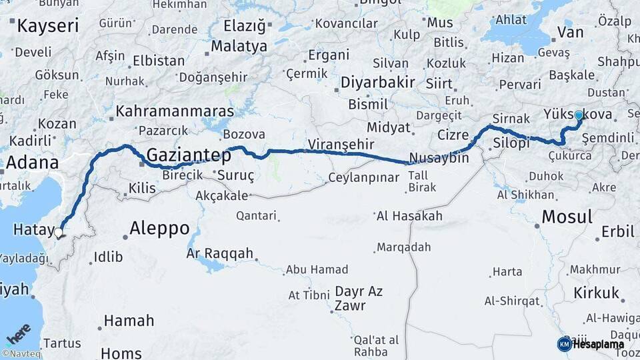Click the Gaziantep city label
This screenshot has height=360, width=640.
(x=189, y=155)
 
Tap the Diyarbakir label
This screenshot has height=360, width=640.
(x=377, y=83)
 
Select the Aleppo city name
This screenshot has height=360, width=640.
(x=159, y=228)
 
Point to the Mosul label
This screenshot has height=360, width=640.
(x=567, y=217)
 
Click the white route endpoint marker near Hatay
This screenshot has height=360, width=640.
(x=59, y=233)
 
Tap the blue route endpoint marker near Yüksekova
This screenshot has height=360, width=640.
(x=578, y=115)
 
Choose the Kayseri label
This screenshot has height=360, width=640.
(x=47, y=27)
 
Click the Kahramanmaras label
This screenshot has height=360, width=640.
(x=175, y=111)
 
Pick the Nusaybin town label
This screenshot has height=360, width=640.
(x=438, y=159)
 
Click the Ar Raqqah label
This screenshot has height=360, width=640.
(x=220, y=253)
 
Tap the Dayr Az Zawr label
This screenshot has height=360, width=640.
(x=359, y=299)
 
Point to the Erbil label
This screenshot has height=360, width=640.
(x=617, y=232)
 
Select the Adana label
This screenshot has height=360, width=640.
(x=31, y=163)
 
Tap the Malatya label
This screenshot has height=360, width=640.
(x=239, y=47)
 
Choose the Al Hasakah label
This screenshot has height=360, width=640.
(x=409, y=216)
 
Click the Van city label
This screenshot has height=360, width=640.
(x=570, y=32)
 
